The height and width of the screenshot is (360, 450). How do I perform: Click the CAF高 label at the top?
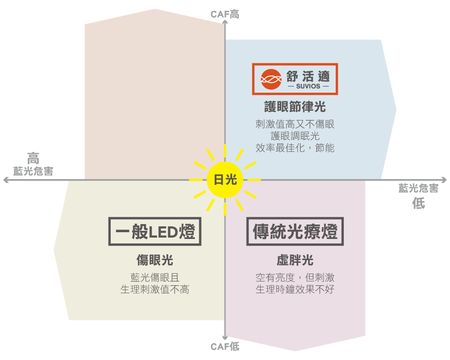click(225, 14)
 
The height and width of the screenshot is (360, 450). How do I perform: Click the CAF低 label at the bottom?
click(225, 346)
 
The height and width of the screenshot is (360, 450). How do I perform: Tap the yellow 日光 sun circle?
click(225, 180)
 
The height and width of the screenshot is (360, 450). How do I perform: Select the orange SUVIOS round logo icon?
click(271, 79)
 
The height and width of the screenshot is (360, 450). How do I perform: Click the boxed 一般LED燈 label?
click(155, 231)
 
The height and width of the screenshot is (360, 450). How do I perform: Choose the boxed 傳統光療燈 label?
click(295, 231)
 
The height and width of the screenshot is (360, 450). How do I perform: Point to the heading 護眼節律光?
click(295, 107)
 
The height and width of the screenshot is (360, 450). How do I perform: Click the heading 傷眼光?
click(155, 260)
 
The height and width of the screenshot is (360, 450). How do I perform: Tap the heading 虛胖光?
click(295, 260)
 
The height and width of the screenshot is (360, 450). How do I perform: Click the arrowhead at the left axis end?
click(5, 180)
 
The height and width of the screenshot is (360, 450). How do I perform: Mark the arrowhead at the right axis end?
click(444, 180)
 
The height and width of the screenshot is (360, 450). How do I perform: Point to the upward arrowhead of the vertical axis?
click(225, 22)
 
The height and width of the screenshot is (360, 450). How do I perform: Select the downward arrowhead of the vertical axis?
click(225, 337)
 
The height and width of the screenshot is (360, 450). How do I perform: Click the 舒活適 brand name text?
click(308, 76)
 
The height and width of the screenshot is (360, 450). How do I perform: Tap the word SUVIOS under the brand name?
click(308, 86)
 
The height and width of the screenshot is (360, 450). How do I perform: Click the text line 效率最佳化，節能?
click(295, 148)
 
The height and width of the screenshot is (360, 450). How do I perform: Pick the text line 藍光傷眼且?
click(155, 278)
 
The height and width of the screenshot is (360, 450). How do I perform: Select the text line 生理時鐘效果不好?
click(295, 289)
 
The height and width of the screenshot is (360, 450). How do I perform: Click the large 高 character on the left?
click(33, 158)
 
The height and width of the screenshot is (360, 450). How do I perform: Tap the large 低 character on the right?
click(418, 203)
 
